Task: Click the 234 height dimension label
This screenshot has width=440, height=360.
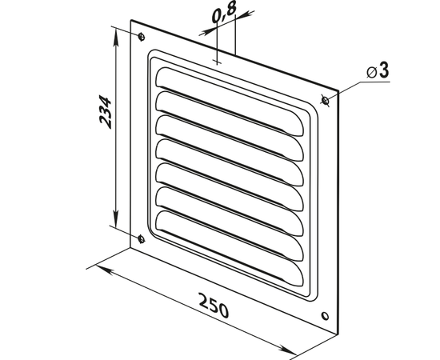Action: tap(106, 112)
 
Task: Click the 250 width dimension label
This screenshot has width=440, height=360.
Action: tap(214, 306)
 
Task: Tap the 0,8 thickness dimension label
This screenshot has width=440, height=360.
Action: tap(224, 12)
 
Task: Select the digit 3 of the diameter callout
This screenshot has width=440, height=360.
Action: tap(384, 70)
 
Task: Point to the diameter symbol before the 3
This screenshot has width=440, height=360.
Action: tap(371, 73)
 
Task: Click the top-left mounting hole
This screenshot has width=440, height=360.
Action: tap(142, 37)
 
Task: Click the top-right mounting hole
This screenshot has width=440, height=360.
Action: tap(326, 100)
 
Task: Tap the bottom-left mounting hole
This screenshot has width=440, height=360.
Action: tap(142, 239)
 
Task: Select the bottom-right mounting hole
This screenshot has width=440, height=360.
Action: tap(325, 316)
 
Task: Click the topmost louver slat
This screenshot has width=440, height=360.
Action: tap(230, 102)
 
